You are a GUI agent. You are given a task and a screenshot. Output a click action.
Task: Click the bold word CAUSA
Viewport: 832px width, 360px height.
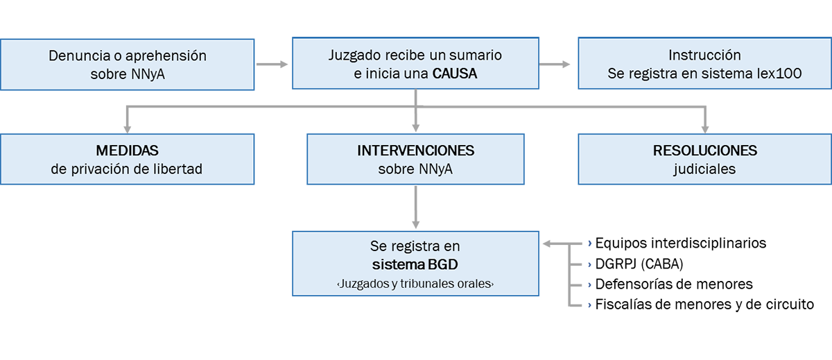pos(455,73)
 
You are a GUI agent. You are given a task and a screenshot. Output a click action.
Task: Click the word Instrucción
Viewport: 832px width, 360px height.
pos(704,55)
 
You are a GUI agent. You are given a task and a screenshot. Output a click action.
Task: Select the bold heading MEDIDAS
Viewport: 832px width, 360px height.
pos(127,151)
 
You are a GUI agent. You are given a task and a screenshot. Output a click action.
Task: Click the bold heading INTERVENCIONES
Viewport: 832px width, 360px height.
pos(415,151)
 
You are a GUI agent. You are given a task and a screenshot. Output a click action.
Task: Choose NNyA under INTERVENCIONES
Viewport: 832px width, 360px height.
pos(435,169)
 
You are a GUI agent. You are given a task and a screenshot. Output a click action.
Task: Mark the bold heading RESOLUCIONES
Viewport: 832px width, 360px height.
pos(704,151)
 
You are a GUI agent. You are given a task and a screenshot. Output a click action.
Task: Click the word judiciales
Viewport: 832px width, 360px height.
pos(704,169)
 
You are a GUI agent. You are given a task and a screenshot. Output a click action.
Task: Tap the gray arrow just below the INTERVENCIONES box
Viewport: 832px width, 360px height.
pos(415,206)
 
